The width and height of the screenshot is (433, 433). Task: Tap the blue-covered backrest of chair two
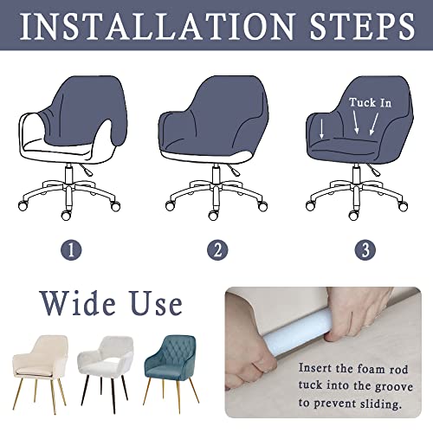point(216,104)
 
